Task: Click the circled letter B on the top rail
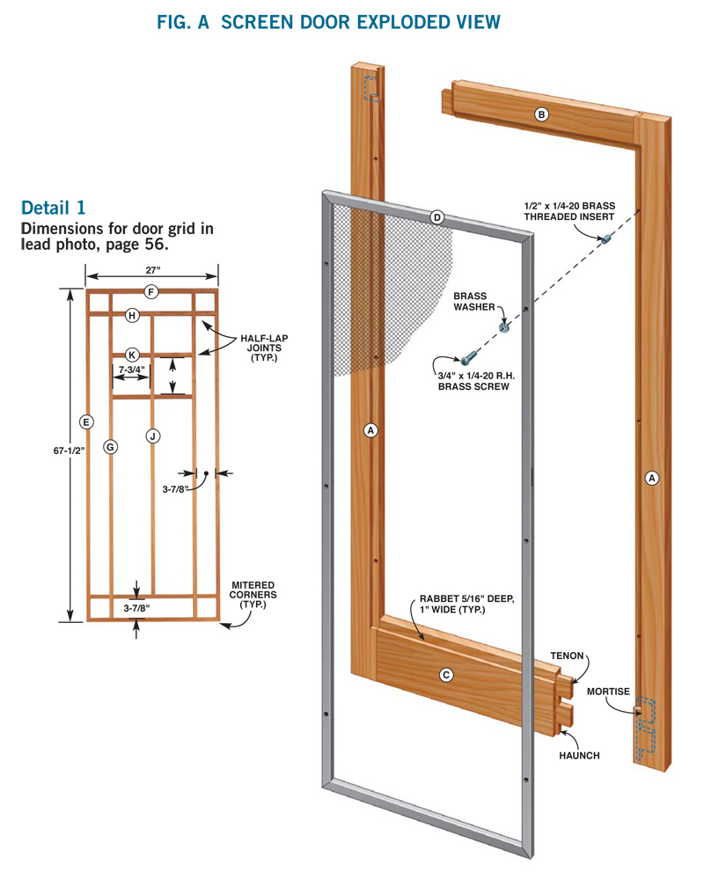542,114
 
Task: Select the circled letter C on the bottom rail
446,675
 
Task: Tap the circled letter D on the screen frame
437,217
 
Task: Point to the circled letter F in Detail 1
151,292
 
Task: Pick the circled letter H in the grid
132,315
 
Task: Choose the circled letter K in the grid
132,354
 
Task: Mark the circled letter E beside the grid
85,421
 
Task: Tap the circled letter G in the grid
110,447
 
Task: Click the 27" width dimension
151,272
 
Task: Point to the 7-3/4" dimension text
132,370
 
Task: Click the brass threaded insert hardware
606,238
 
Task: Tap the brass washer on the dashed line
505,327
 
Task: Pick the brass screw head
465,360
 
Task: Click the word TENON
568,656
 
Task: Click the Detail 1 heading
54,209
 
